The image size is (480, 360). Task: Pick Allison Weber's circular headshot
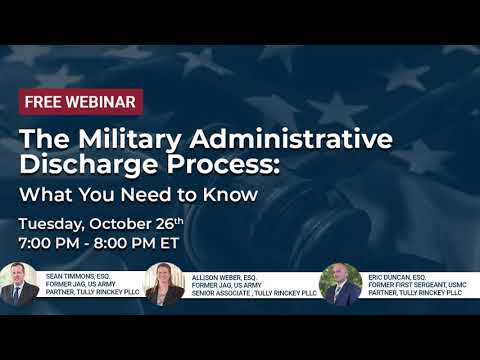point(163,284)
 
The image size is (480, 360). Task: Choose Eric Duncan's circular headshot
point(340,284)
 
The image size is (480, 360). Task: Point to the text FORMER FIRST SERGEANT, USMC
point(425,284)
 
